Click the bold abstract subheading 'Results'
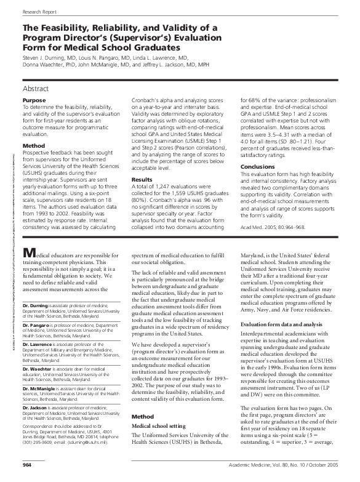[x=142, y=180]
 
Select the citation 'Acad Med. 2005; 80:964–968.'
[x=273, y=227]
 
